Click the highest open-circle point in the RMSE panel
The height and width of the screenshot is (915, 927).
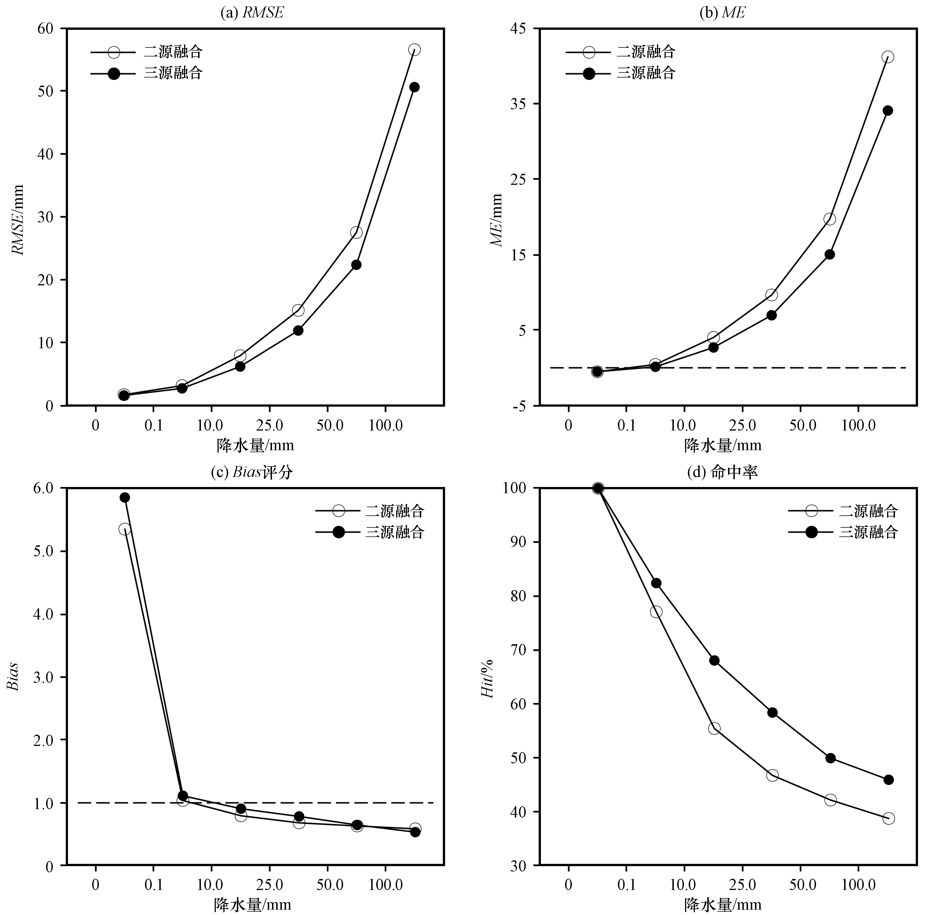tap(414, 50)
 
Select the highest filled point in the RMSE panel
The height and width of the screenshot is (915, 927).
tap(414, 87)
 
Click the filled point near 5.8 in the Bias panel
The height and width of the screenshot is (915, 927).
tap(125, 497)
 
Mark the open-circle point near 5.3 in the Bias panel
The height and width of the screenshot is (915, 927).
tap(125, 529)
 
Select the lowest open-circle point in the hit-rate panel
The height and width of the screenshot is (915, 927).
tap(888, 818)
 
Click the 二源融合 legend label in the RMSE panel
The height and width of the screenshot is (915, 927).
tap(173, 52)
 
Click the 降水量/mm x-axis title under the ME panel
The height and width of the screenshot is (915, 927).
tap(723, 445)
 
